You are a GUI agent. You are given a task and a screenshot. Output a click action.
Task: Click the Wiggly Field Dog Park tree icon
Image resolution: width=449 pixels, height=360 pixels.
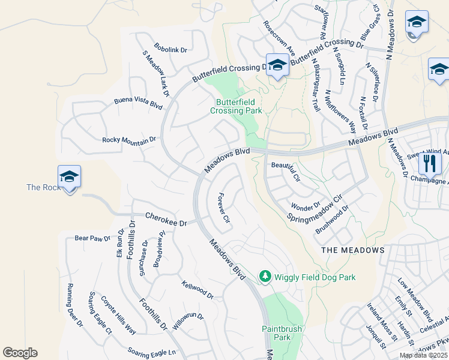[265, 276]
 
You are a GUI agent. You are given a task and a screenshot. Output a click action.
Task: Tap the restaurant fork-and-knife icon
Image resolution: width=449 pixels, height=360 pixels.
[430, 163]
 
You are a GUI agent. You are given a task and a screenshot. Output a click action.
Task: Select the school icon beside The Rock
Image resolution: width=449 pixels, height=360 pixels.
[69, 177]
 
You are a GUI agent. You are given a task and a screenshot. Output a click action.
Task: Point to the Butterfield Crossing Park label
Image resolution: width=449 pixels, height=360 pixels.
[236, 106]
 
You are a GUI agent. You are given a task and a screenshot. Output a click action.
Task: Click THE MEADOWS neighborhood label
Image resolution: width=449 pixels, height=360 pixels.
[352, 250]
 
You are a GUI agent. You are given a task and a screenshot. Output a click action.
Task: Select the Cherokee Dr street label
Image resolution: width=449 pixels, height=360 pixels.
[166, 219]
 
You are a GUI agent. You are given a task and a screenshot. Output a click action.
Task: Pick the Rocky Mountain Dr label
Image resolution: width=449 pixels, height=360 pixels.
[129, 139]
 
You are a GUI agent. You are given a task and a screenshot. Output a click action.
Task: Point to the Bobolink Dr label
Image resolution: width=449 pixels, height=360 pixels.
[171, 47]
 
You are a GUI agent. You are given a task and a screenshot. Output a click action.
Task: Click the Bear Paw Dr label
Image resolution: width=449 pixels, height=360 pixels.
[92, 238]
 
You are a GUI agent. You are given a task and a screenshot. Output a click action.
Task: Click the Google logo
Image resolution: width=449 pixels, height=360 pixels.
[20, 353]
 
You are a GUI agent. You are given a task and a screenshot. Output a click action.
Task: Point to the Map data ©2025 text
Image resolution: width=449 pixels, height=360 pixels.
[423, 355]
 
